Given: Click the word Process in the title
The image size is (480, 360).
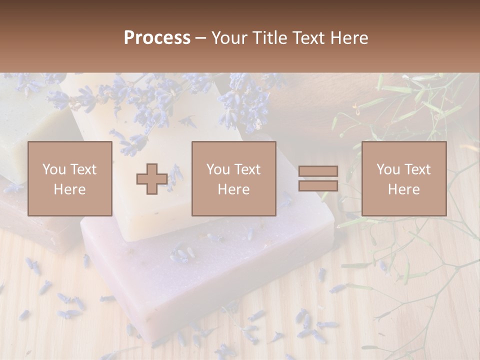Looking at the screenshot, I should pos(157,38).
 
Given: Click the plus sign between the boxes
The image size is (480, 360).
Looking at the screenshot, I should pos(152,178).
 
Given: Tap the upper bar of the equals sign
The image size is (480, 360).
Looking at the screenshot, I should pos(318,171).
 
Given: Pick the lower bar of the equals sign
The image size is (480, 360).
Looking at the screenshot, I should pos(318,185).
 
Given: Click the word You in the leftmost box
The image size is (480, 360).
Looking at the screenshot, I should pos(53,169).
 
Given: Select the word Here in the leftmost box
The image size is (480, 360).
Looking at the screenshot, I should pos(69,189).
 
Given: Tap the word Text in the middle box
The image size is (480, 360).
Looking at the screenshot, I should pos(247,169).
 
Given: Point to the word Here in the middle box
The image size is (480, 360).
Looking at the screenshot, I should pos(233,189).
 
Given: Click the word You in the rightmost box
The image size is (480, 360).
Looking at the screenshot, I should pos(387,169).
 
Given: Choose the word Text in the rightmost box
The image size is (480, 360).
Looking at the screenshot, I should pos(417,169).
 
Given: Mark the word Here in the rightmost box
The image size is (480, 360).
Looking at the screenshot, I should pos(403,189).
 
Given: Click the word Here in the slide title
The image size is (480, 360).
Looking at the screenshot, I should pos(348,38).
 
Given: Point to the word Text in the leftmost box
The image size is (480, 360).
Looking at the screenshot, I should pos(83,169).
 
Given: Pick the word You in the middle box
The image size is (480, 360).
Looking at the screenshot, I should pos(217,169).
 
